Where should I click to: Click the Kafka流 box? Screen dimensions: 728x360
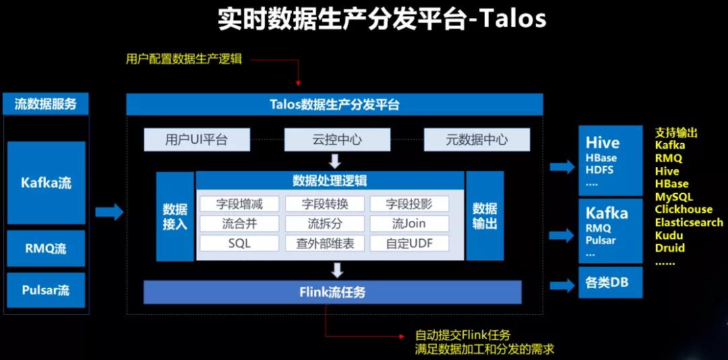point(47,183)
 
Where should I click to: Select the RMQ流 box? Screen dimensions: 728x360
point(47,249)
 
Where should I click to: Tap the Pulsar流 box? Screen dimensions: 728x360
point(47,291)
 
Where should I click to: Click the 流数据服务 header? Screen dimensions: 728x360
point(46,104)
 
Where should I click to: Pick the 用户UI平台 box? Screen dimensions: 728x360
point(197,140)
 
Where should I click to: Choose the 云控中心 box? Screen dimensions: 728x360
point(337,140)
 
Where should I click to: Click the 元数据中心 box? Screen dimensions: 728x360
point(477,140)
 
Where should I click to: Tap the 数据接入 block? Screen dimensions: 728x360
point(175,216)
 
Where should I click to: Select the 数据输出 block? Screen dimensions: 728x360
point(485,216)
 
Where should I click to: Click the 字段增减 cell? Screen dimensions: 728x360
point(239,204)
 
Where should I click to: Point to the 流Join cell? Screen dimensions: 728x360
point(410,223)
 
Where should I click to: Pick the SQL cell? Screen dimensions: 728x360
point(239,243)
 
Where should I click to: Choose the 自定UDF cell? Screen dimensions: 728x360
point(410,243)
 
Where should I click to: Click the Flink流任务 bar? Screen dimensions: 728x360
point(332,292)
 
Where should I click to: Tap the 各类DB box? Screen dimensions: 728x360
point(611,282)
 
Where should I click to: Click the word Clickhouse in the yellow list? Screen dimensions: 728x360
point(684,209)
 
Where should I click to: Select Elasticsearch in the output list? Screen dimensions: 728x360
point(689,222)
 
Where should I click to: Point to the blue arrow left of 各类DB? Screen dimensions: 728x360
point(562,284)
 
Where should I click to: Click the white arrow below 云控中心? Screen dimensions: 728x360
point(335,161)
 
